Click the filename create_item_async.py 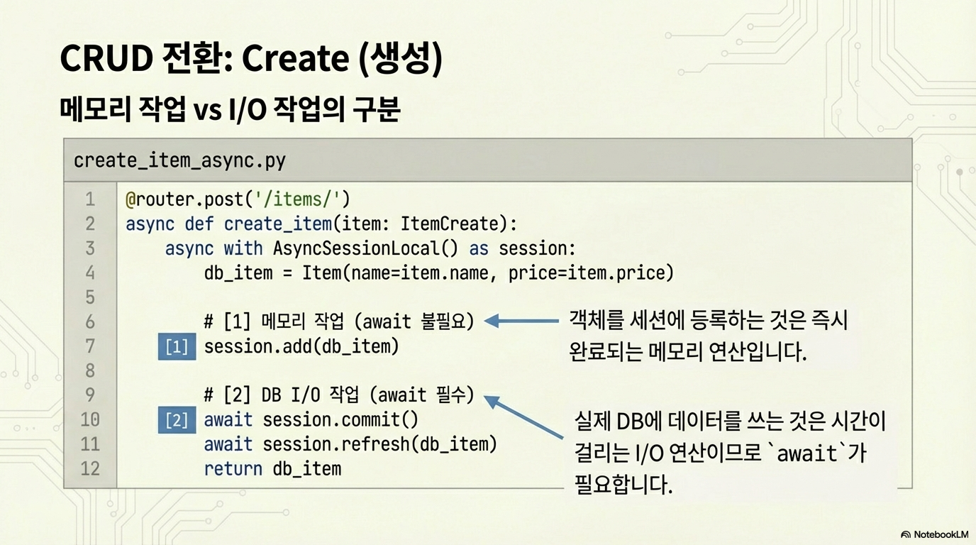point(179,160)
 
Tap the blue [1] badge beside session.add point(177,346)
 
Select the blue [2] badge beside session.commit point(177,420)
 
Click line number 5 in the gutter point(90,297)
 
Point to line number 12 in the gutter point(90,468)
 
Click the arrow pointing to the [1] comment point(521,321)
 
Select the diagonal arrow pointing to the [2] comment point(523,417)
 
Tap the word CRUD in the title point(106,58)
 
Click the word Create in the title point(295,58)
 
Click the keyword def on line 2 point(199,224)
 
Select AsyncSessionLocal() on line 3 point(365,248)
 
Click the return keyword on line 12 point(233,469)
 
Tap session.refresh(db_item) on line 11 point(379,444)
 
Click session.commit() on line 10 point(340,420)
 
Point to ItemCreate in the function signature point(449,224)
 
